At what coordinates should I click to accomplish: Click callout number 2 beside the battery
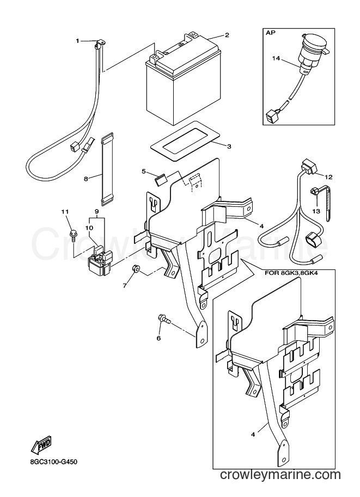coord(227,35)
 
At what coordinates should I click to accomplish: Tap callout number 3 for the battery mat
coord(229,146)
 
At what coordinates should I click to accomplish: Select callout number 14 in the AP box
coord(276,58)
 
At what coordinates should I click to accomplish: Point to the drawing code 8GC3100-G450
coord(51,462)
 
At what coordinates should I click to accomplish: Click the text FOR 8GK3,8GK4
coord(290,273)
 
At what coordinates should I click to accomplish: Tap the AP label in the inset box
coord(270,33)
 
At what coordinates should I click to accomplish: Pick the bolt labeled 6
coord(164,319)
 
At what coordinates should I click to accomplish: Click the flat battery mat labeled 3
coord(185,140)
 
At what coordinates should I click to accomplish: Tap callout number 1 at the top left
coord(77,41)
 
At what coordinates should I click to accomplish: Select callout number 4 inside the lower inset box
coord(253,434)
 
